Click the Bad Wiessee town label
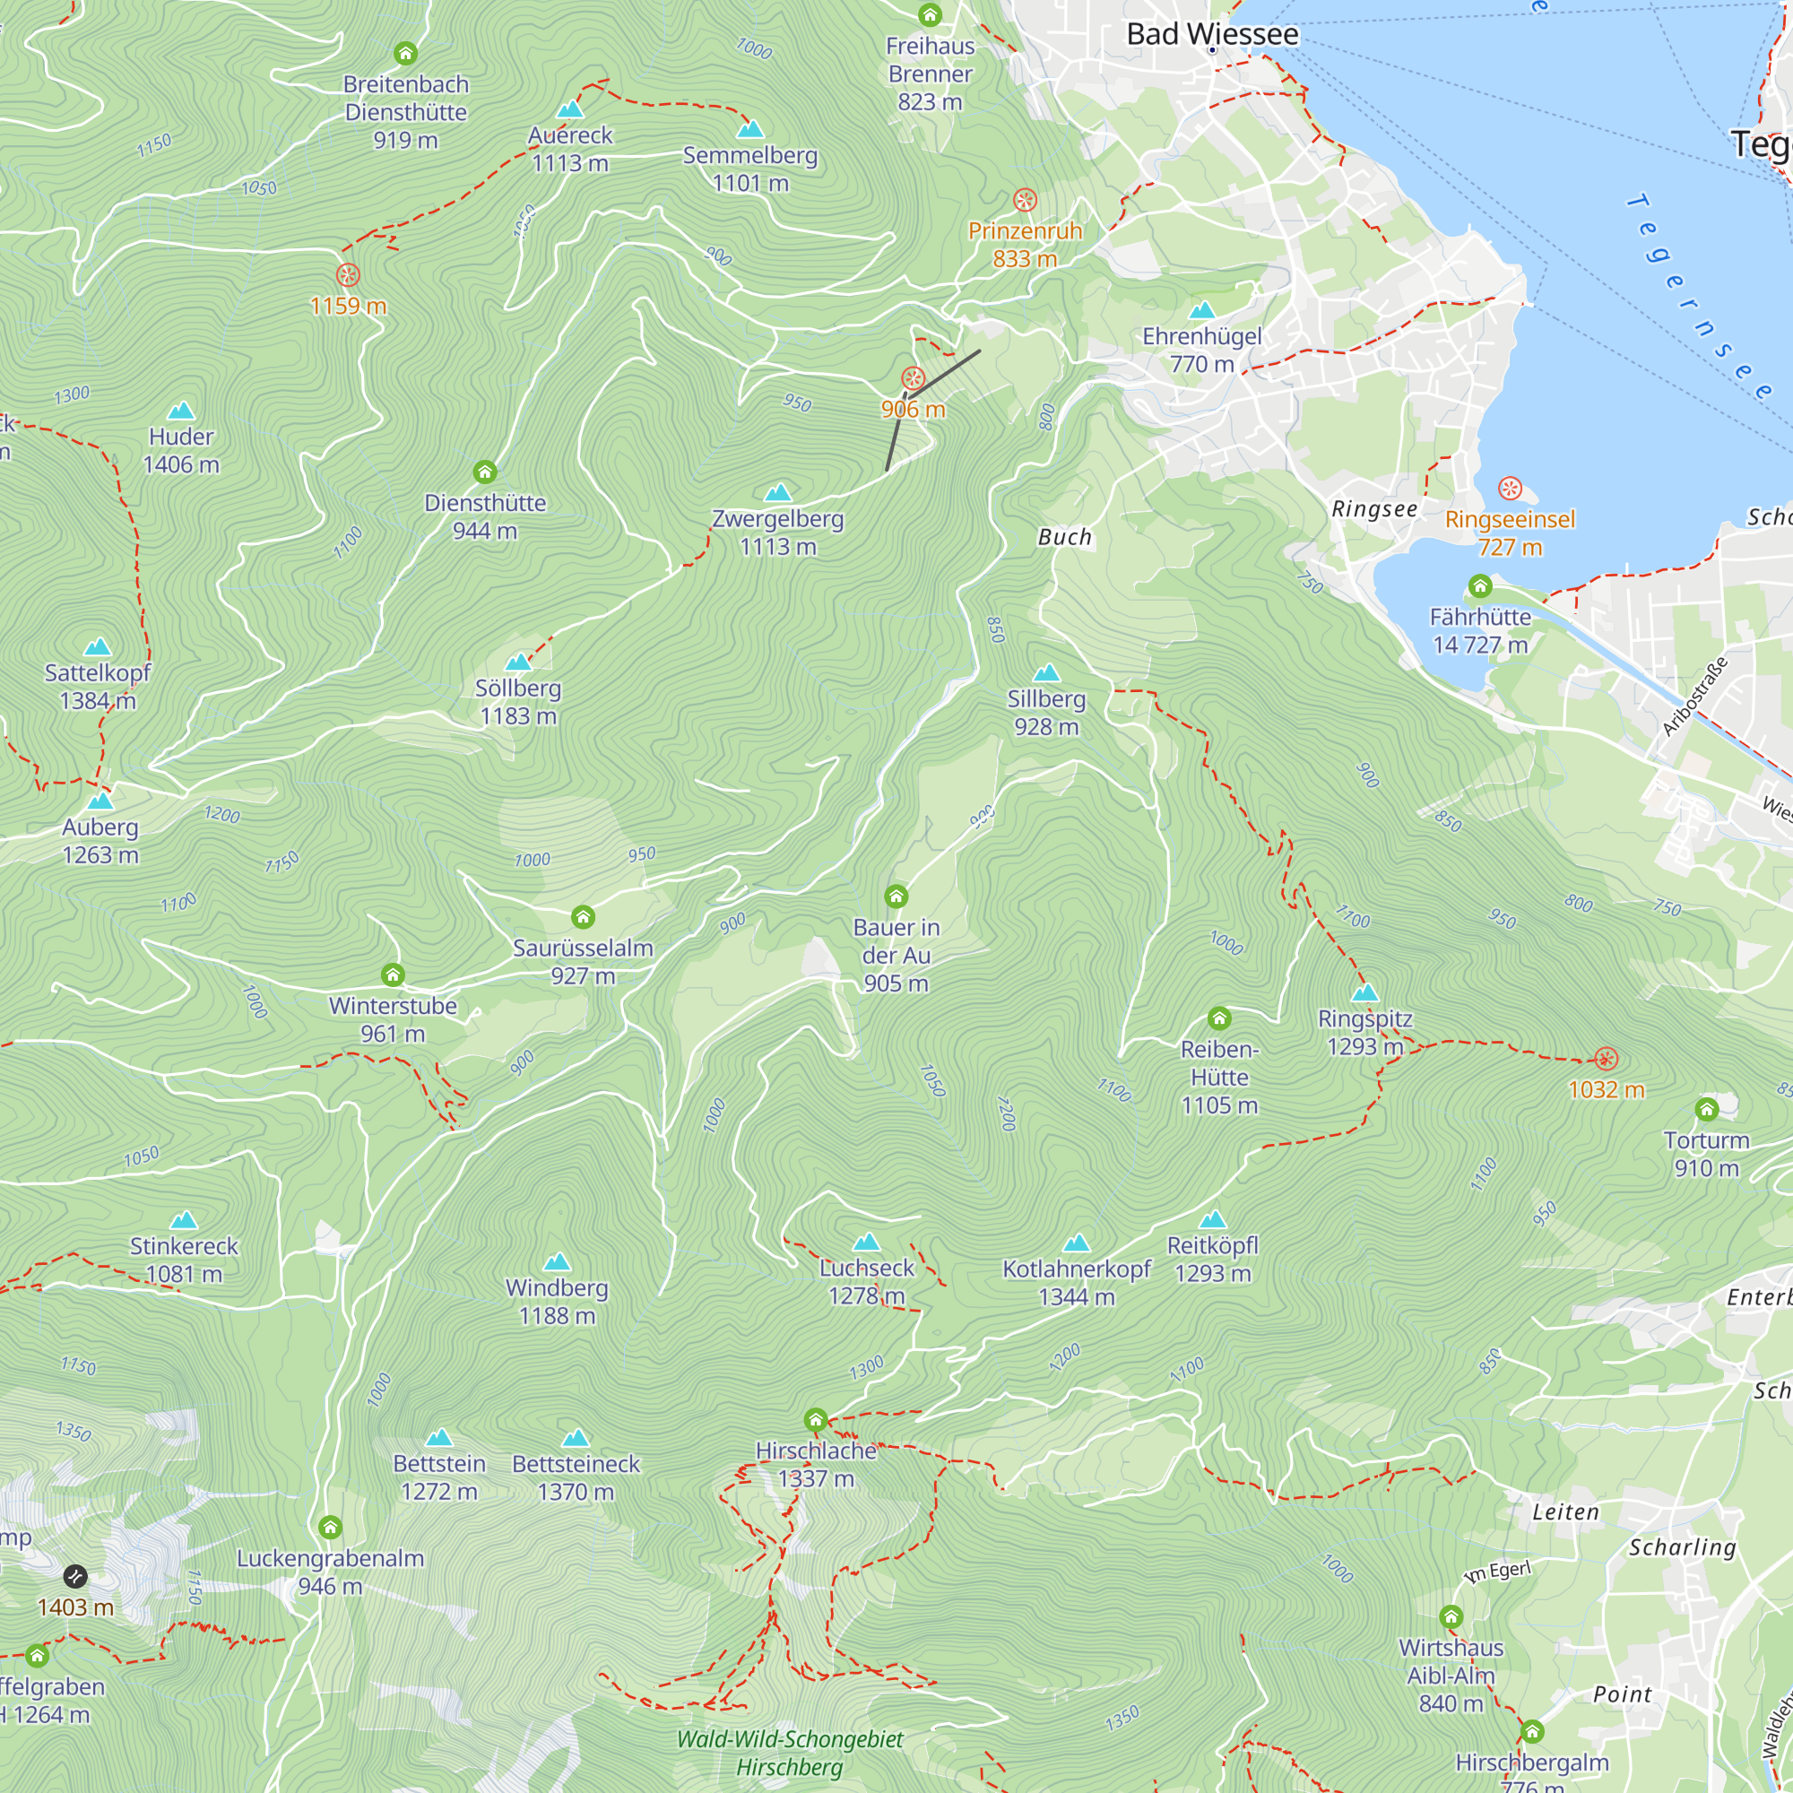pyautogui.click(x=1212, y=34)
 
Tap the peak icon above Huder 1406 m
pyautogui.click(x=181, y=411)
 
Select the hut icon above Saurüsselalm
pyautogui.click(x=583, y=917)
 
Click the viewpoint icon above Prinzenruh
pyautogui.click(x=1025, y=201)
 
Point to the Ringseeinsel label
pyautogui.click(x=1510, y=520)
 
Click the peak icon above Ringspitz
pyautogui.click(x=1364, y=992)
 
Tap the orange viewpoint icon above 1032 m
pyautogui.click(x=1607, y=1059)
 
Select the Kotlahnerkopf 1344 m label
pyautogui.click(x=1077, y=1283)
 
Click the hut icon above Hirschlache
pyautogui.click(x=816, y=1420)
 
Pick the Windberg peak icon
pyautogui.click(x=557, y=1261)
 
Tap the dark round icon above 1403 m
pyautogui.click(x=75, y=1576)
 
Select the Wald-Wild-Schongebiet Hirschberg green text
pyautogui.click(x=790, y=1752)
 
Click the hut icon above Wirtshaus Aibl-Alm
pyautogui.click(x=1451, y=1616)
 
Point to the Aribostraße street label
pyautogui.click(x=1694, y=696)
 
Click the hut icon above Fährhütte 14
pyautogui.click(x=1480, y=585)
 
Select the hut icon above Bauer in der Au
pyautogui.click(x=896, y=896)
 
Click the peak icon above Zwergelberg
pyautogui.click(x=777, y=492)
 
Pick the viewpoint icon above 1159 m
pyautogui.click(x=348, y=274)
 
